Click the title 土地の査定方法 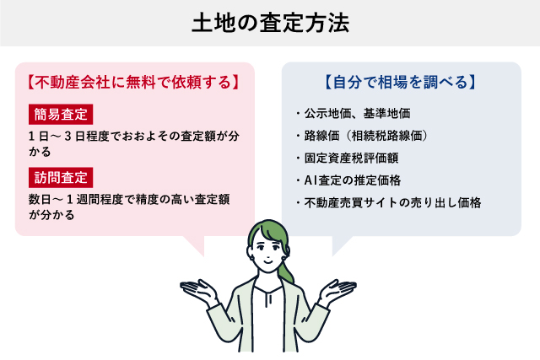coord(270,22)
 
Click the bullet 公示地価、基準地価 coord(354,112)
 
